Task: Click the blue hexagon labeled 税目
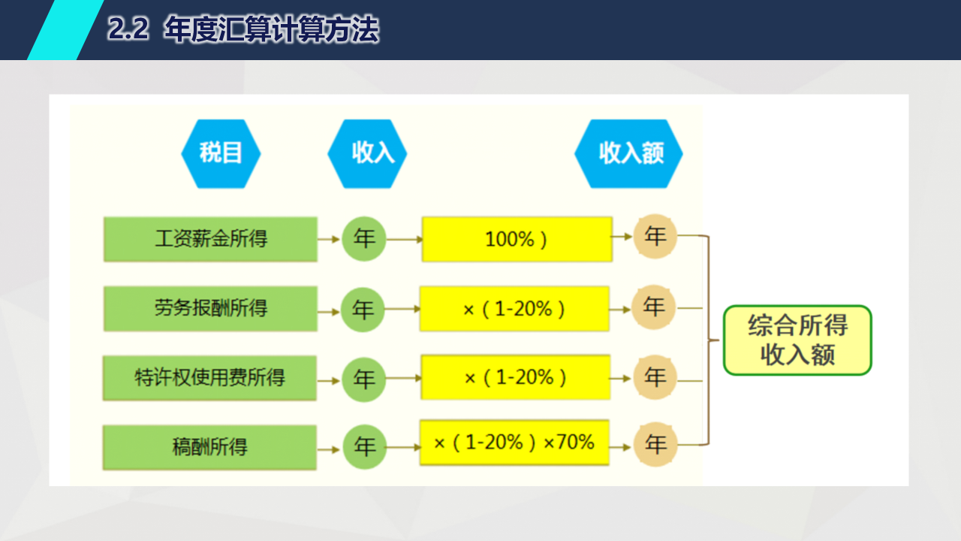[221, 154]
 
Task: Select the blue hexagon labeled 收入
[367, 154]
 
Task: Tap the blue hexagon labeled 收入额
[628, 154]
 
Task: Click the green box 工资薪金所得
[210, 239]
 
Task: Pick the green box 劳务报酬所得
[210, 309]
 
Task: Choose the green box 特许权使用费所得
[209, 378]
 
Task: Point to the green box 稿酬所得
[209, 447]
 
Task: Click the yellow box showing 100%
[517, 239]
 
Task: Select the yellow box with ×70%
[514, 443]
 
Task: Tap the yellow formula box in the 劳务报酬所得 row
[514, 309]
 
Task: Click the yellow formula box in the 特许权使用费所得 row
[515, 377]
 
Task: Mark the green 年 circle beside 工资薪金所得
[364, 239]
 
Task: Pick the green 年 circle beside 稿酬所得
[365, 446]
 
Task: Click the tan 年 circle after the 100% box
[655, 236]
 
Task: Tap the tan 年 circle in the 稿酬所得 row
[655, 444]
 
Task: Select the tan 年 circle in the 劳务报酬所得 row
[653, 307]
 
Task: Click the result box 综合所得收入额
[797, 340]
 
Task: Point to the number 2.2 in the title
[128, 29]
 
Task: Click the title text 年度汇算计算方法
[272, 29]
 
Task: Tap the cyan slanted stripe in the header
[65, 29]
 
